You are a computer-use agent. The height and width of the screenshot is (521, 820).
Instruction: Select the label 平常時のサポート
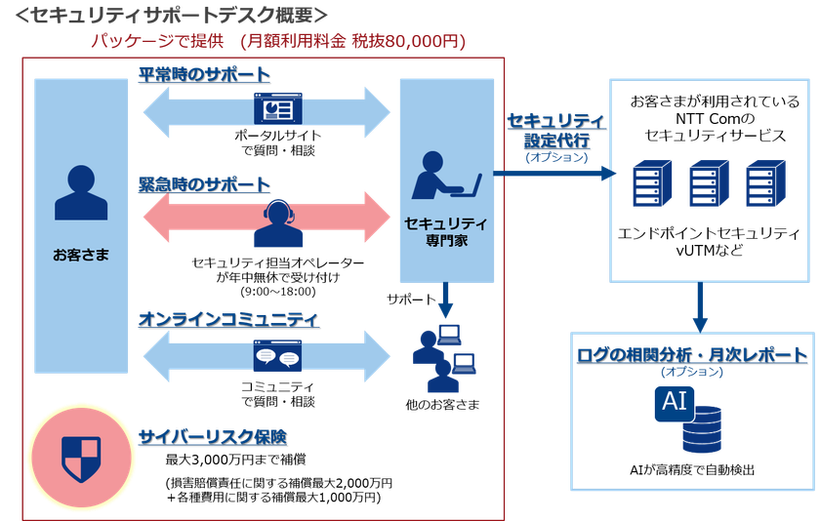203,75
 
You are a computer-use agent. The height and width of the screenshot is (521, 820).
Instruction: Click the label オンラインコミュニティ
228,319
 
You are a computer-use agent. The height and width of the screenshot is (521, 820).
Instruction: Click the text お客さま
81,255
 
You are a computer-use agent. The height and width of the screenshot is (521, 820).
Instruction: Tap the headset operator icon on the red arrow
278,223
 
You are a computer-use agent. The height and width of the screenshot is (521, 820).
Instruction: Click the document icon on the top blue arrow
278,109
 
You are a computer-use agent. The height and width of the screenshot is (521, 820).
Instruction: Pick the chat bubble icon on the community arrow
277,357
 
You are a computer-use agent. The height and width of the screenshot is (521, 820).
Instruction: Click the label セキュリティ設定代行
556,131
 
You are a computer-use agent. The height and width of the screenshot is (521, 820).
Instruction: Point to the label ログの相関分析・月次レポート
692,354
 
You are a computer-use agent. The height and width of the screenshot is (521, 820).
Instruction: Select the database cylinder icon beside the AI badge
702,429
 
